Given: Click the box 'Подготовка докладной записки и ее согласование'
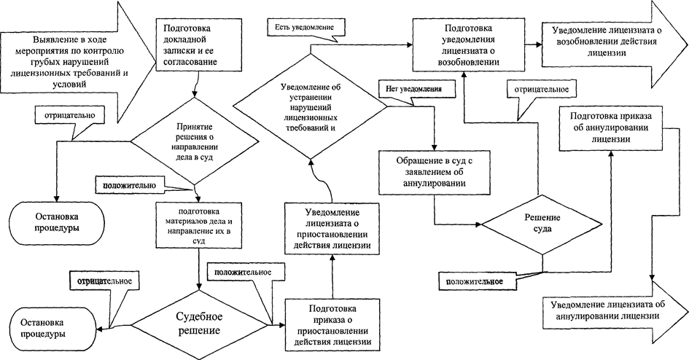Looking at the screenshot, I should pyautogui.click(x=194, y=43).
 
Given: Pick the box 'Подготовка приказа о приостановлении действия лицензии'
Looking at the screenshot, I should pyautogui.click(x=331, y=324).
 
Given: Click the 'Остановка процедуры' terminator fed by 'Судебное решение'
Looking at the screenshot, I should pyautogui.click(x=44, y=326).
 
